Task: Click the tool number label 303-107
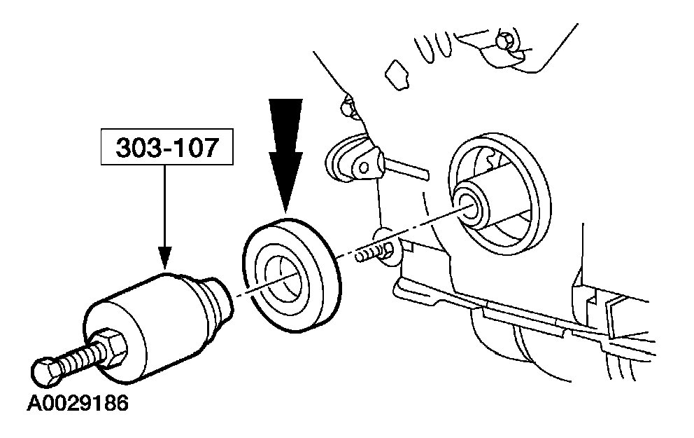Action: click(165, 148)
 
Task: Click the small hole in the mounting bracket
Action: click(363, 165)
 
